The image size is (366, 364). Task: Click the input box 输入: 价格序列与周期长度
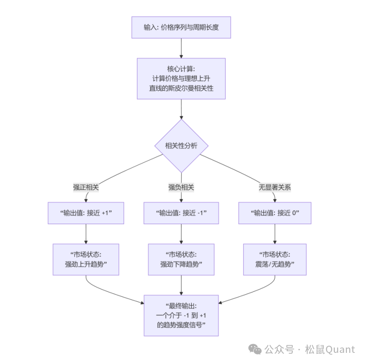tap(181, 27)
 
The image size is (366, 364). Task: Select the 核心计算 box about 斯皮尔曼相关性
tap(181, 78)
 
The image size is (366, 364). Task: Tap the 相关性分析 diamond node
tap(181, 146)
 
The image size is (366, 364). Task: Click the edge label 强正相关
tap(86, 187)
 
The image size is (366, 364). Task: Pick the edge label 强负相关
tap(181, 187)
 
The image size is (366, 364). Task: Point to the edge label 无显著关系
tap(275, 187)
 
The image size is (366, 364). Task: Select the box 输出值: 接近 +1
tap(86, 213)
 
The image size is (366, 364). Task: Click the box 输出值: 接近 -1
tap(181, 213)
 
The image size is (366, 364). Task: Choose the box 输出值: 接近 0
tap(275, 213)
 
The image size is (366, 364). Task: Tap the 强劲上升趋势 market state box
tap(86, 259)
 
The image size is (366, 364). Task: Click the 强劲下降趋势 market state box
tap(181, 259)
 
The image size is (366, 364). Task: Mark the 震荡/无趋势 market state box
tap(275, 259)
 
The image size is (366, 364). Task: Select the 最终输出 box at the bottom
tap(181, 315)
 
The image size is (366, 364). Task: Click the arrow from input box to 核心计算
tap(181, 48)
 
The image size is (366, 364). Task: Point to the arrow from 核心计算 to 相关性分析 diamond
tap(181, 109)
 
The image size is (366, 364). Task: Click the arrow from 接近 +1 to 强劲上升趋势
tap(86, 234)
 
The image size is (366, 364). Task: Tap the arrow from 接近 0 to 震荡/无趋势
tap(275, 234)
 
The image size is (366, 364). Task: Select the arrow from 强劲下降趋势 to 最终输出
tap(181, 285)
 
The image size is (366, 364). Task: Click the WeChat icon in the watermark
tap(255, 350)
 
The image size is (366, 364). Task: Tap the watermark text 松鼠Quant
tap(330, 350)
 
